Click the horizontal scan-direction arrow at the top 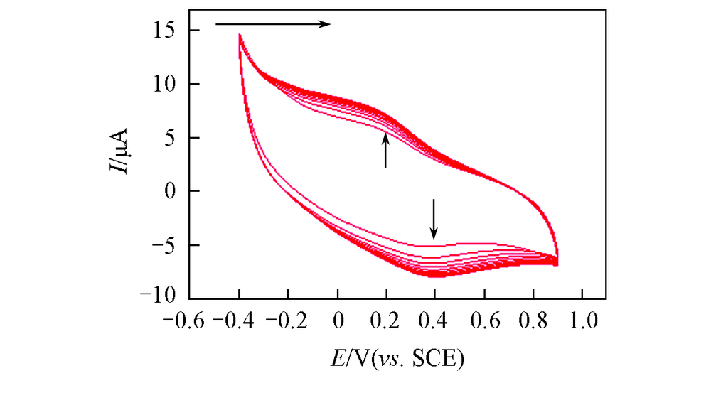[x=273, y=23]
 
